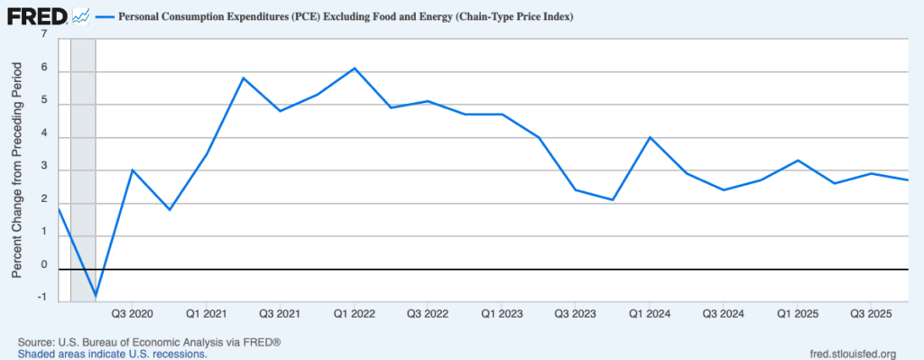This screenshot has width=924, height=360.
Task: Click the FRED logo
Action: pos(36,15)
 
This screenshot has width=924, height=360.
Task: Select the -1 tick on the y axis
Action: pos(42,300)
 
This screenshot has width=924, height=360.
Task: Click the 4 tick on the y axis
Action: pos(42,137)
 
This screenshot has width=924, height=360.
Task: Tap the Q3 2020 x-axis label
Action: pos(133,314)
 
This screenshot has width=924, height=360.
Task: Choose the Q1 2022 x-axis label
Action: pos(355,314)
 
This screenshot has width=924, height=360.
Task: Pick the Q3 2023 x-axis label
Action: pos(575,314)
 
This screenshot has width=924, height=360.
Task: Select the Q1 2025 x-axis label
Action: pos(797,314)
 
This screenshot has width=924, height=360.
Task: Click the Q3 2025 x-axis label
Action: pos(871,314)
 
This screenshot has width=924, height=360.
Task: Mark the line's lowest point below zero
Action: pos(95,295)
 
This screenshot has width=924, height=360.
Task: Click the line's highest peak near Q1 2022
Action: pos(355,68)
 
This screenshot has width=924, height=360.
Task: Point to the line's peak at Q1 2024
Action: pos(650,137)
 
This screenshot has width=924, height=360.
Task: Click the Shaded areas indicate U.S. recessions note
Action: pos(112,354)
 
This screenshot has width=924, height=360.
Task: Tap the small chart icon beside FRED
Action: pos(81,15)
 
